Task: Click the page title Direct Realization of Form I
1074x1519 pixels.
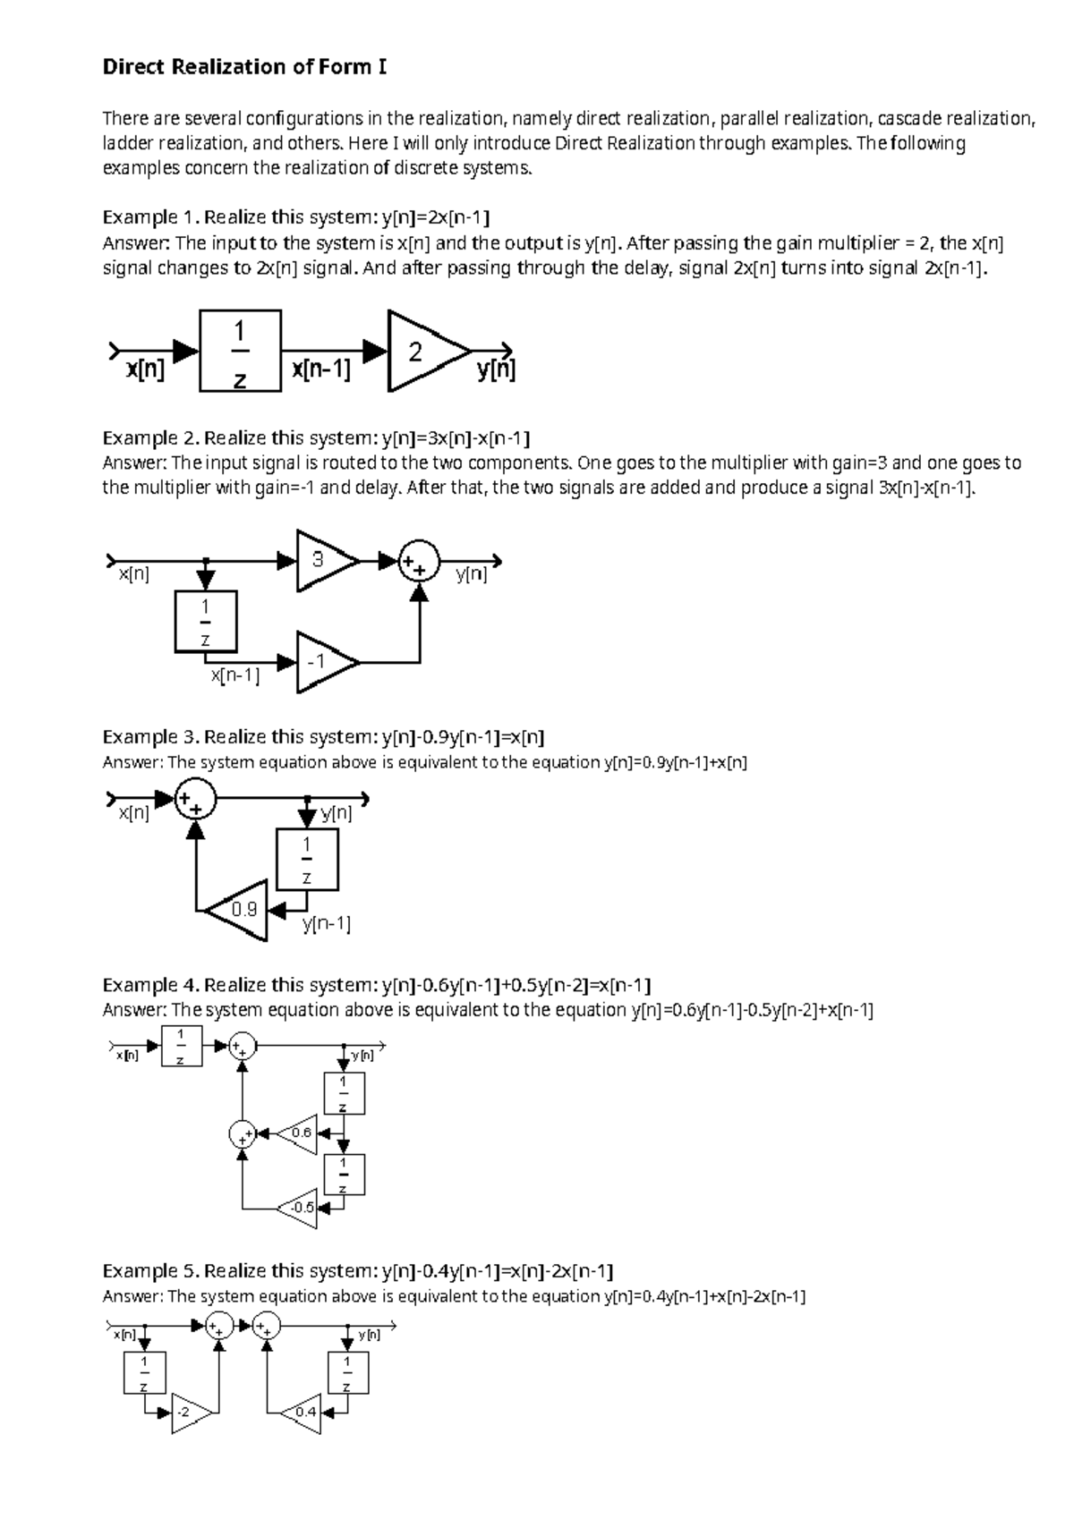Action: tap(244, 67)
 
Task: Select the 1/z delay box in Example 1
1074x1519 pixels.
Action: tap(240, 351)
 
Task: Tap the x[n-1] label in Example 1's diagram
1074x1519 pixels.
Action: tap(320, 369)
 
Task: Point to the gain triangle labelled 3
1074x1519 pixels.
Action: tap(322, 561)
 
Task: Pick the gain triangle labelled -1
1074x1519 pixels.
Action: tap(322, 662)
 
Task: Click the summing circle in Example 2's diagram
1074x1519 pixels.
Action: tap(419, 561)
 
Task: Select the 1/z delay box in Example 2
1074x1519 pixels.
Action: tap(206, 621)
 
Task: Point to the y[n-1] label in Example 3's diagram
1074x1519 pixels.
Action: tap(326, 925)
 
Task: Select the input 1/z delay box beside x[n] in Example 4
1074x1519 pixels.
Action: tap(181, 1046)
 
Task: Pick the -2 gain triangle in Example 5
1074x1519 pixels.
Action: tap(189, 1413)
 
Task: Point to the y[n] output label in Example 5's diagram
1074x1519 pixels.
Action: tap(369, 1335)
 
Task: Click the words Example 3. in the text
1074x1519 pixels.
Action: tap(150, 737)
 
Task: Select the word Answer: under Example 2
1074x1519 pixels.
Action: tap(135, 463)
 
